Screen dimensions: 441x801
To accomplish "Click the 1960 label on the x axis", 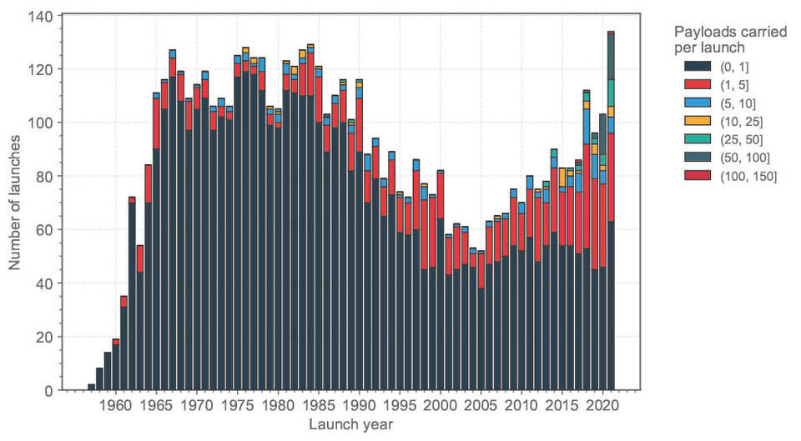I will [116, 406].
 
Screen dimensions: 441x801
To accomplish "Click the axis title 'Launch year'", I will [350, 424].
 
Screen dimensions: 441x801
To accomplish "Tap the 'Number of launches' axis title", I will [15, 202].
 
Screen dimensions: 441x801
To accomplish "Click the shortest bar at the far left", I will [91, 387].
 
